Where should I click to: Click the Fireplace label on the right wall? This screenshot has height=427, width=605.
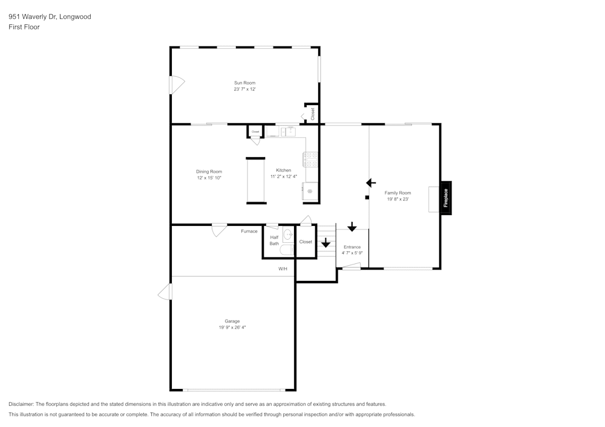pos(446,198)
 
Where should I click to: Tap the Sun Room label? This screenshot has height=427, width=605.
pos(244,83)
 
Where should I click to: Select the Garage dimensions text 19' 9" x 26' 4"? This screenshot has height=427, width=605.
pos(232,327)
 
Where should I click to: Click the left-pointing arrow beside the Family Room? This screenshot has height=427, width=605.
pos(371,183)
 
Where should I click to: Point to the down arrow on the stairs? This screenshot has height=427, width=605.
pos(326,243)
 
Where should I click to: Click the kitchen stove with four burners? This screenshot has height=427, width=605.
pos(311,159)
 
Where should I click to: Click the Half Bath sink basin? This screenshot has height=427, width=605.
pos(288,234)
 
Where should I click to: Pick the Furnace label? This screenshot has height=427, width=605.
pos(249,231)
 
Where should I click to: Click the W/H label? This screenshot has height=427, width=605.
pos(283,268)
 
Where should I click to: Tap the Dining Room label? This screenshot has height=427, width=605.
pos(209,172)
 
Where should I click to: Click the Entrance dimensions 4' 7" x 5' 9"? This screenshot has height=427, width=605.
pos(352,253)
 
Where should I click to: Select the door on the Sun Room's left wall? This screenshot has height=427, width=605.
pos(177,85)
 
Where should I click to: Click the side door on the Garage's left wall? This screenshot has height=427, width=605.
pos(165,292)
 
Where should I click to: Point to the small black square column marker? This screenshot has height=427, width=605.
pos(367,197)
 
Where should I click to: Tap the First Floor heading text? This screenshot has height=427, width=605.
pos(24,27)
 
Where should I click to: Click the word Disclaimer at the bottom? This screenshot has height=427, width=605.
pos(21,404)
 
